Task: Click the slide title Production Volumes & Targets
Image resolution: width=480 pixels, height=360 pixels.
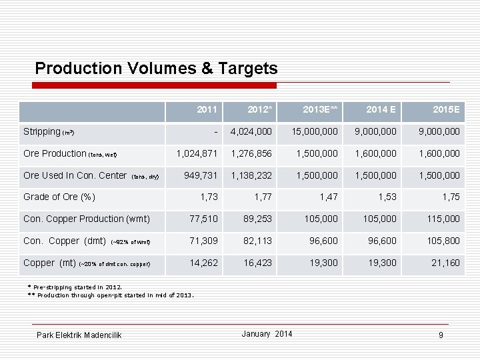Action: click(x=156, y=68)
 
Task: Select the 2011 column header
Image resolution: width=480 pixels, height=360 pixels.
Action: click(x=207, y=109)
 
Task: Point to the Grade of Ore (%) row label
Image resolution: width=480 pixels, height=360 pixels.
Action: click(x=59, y=197)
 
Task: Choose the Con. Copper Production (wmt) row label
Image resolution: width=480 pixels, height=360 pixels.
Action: click(x=87, y=219)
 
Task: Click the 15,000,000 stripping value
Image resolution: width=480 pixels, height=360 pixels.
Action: click(x=314, y=132)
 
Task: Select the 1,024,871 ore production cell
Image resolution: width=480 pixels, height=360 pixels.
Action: click(x=197, y=153)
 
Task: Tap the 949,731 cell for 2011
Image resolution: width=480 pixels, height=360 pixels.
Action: click(x=201, y=175)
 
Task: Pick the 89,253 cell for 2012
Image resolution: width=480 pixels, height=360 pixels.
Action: click(x=257, y=219)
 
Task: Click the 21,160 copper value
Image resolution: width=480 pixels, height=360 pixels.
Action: click(x=445, y=263)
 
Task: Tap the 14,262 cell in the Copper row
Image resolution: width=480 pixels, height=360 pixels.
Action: click(x=203, y=263)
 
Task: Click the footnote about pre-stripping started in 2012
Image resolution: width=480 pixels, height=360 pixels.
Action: click(x=75, y=287)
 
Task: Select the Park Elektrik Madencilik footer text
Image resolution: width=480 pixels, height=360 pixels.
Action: click(x=79, y=335)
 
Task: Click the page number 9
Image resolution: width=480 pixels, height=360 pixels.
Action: click(x=441, y=335)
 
